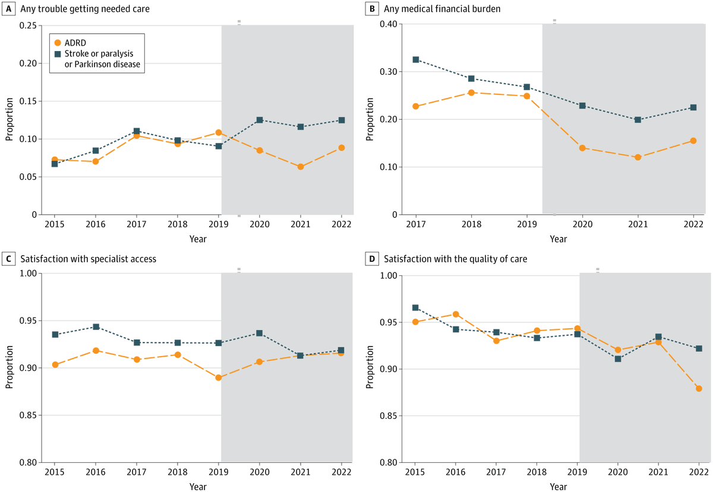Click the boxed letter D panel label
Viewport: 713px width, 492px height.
pos(373,259)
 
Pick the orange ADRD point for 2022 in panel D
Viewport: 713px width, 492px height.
pos(699,388)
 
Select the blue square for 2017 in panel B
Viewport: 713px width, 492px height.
pos(415,59)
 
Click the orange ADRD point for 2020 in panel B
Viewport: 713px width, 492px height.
pos(582,148)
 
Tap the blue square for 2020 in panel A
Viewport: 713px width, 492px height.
pos(259,120)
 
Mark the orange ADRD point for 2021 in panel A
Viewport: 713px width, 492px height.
pos(301,167)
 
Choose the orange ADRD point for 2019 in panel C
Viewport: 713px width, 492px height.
pos(219,377)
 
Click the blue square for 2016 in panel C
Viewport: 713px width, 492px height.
pos(96,327)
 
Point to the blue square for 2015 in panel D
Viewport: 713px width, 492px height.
pos(415,307)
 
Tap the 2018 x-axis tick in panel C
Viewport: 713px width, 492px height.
pos(177,472)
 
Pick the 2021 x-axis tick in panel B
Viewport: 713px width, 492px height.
pos(638,225)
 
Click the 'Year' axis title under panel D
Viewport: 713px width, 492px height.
pos(557,486)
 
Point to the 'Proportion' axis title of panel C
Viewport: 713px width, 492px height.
pos(10,368)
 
